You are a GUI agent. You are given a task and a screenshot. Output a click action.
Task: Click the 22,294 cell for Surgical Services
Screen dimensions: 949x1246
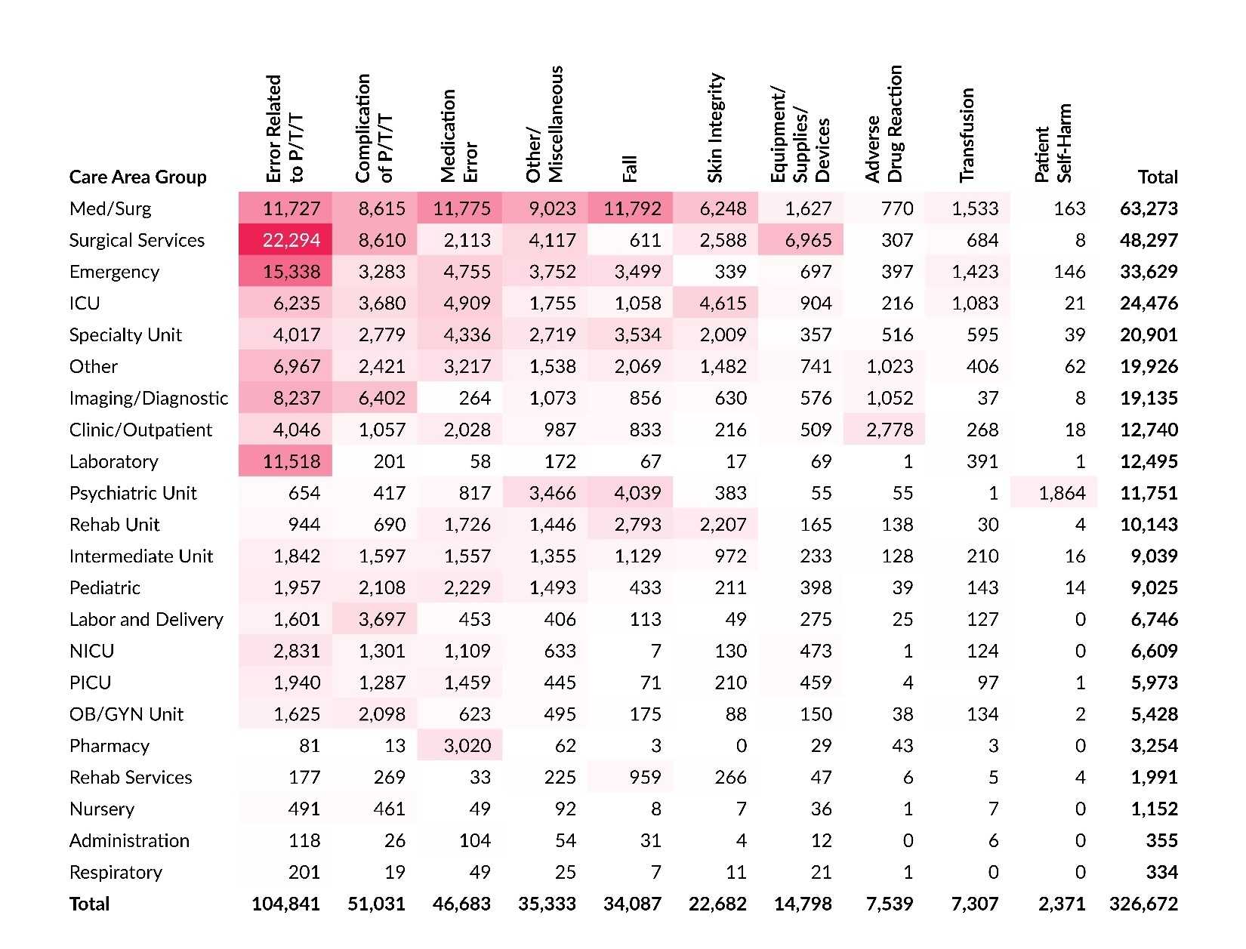291,240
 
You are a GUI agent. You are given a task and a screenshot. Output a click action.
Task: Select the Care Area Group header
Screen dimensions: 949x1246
137,177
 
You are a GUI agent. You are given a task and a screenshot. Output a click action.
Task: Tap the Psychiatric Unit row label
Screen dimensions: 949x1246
133,493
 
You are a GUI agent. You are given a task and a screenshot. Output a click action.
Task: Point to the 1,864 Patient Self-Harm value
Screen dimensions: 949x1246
1062,493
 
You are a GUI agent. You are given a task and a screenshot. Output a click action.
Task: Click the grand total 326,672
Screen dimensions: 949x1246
1143,904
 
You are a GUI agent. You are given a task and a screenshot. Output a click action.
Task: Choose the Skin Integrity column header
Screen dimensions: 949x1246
715,128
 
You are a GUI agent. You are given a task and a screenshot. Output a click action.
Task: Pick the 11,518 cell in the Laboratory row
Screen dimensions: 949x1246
291,461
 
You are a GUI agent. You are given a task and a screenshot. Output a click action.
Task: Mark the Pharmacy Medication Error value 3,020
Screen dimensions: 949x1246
467,746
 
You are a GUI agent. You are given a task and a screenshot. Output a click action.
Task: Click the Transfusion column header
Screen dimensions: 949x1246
967,136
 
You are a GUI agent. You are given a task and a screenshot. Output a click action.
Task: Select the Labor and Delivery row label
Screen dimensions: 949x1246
146,620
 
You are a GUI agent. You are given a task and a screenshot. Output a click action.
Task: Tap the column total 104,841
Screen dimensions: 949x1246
285,904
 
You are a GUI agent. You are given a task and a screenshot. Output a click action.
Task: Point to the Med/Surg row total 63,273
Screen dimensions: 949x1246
1149,208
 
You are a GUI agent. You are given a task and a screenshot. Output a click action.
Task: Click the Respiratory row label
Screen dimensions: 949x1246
116,873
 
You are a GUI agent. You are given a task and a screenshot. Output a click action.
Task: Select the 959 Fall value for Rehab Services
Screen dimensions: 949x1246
644,778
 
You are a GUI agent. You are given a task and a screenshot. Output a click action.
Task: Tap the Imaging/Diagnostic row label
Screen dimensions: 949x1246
148,399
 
